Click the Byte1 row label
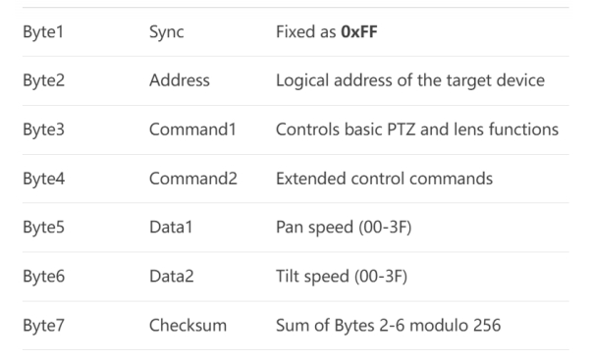(x=43, y=32)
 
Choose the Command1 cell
(x=188, y=129)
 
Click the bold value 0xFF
(x=363, y=32)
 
